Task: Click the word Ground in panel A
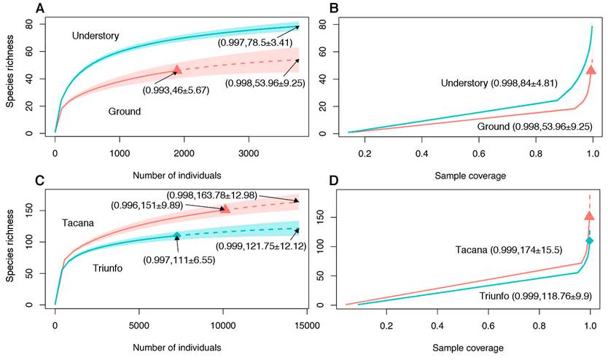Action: (120, 111)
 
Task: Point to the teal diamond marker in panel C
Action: (177, 235)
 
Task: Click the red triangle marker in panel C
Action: (226, 208)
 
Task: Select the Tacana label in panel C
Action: (78, 222)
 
